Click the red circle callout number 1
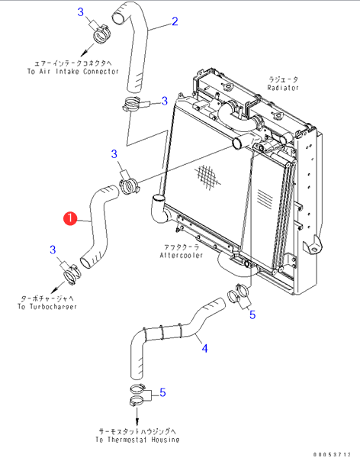click(x=70, y=218)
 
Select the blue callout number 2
click(x=175, y=21)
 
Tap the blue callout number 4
click(x=204, y=349)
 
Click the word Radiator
click(x=283, y=88)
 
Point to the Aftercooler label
click(x=181, y=255)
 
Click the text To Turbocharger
click(x=47, y=307)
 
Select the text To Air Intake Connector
click(x=73, y=72)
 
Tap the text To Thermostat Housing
click(x=137, y=440)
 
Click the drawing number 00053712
click(x=332, y=454)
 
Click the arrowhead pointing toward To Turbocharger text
click(x=54, y=291)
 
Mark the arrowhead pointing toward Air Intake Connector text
click(x=84, y=53)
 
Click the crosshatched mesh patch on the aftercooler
click(x=207, y=176)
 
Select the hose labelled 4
click(x=175, y=334)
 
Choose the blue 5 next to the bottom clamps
click(x=162, y=392)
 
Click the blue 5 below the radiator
click(x=252, y=314)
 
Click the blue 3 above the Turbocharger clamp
click(x=53, y=250)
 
